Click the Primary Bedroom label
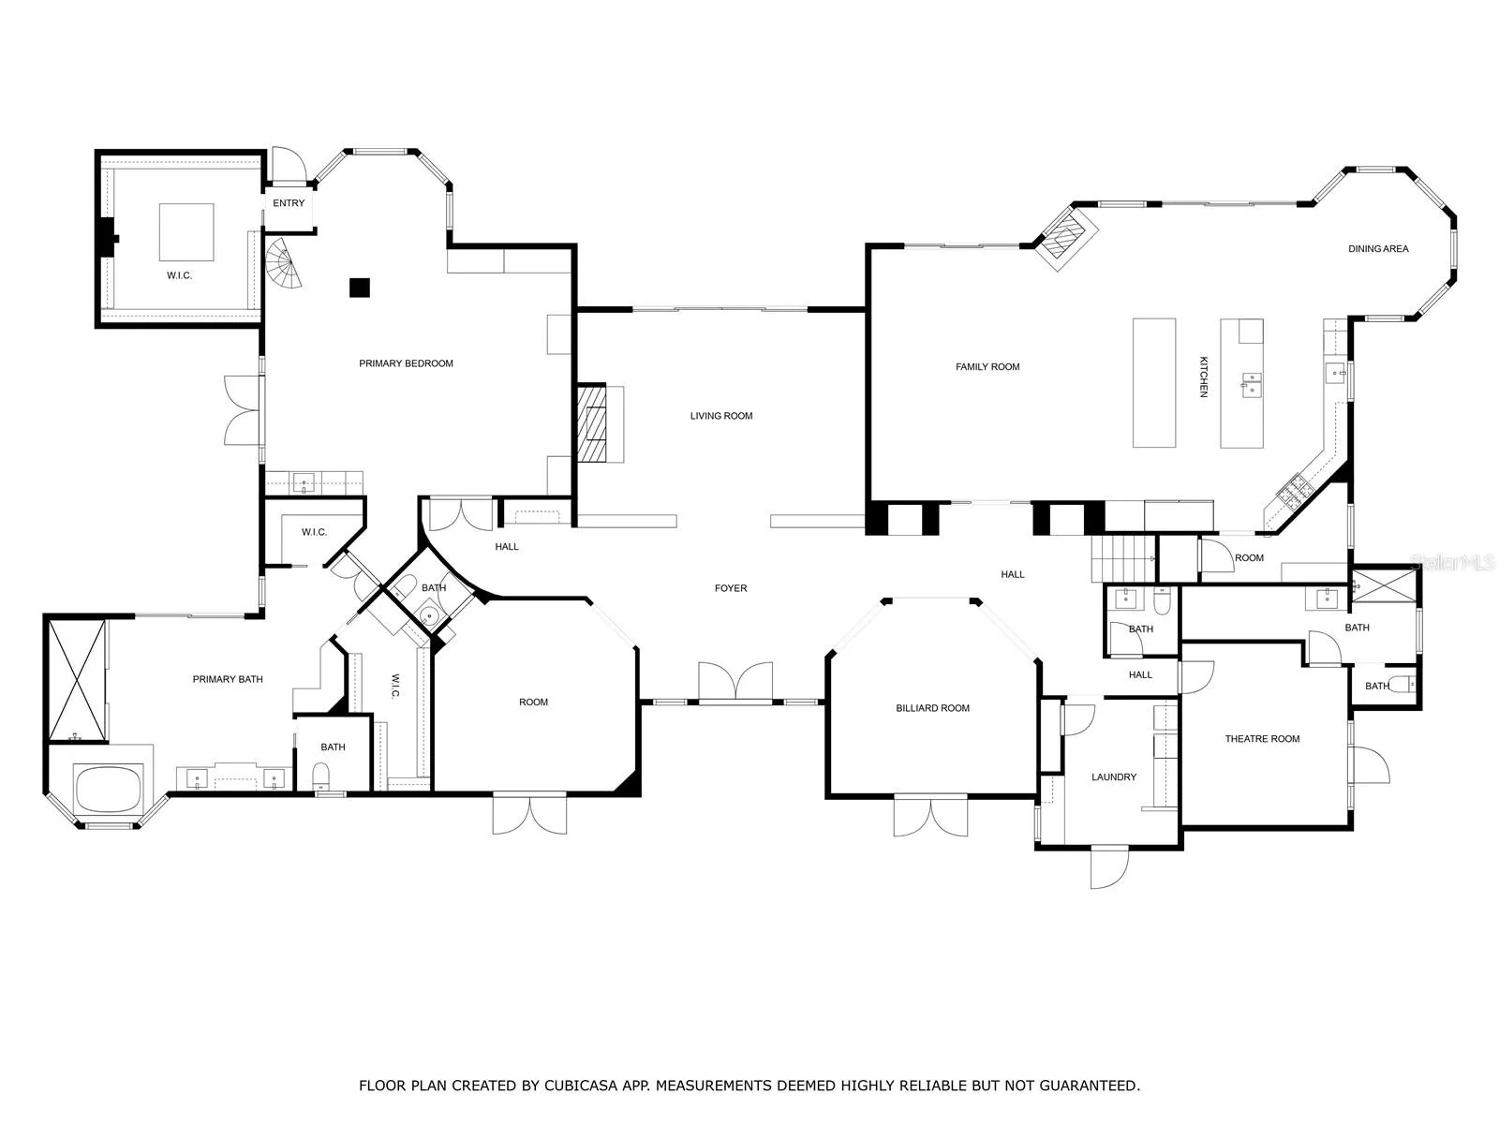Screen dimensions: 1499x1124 406,363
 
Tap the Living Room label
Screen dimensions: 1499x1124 721,416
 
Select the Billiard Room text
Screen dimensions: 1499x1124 932,708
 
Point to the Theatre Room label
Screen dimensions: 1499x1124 1262,739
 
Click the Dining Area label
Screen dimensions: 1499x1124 1378,249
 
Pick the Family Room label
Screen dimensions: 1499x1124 987,367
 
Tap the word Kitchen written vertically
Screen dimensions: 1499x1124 1203,377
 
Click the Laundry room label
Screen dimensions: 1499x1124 1114,777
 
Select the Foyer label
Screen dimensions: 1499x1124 731,588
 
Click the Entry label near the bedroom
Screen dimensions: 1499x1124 289,203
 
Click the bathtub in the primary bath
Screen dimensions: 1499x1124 108,790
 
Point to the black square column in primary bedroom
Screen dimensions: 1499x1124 360,288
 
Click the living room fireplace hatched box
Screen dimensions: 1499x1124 592,423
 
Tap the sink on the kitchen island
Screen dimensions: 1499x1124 1252,385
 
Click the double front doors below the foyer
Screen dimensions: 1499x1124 735,681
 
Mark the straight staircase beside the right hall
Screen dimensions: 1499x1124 1122,558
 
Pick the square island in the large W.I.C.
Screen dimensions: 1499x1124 186,232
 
